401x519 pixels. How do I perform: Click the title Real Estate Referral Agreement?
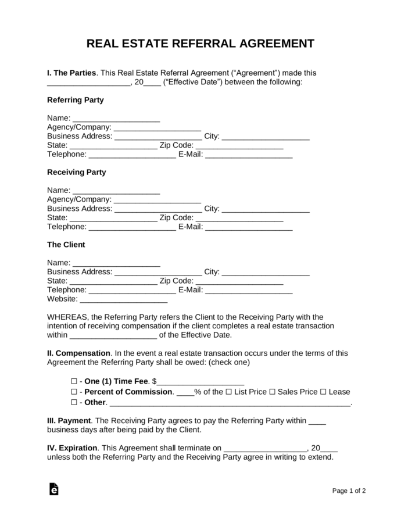coord(201,44)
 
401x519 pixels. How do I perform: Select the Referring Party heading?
coord(75,100)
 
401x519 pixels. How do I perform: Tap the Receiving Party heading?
coord(76,173)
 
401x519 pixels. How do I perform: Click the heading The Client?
coord(66,245)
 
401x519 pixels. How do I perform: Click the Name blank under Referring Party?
coord(116,118)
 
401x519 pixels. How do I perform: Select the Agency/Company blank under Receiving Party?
coord(157,199)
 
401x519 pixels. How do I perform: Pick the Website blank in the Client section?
coord(123,299)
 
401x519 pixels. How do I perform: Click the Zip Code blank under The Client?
coord(239,281)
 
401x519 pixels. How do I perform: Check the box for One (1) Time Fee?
coord(74,382)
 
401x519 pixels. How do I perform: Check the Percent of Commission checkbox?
coord(74,392)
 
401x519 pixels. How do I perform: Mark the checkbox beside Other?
coord(74,403)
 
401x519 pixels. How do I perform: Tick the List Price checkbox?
coord(227,392)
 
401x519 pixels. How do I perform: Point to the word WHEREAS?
coord(66,317)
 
